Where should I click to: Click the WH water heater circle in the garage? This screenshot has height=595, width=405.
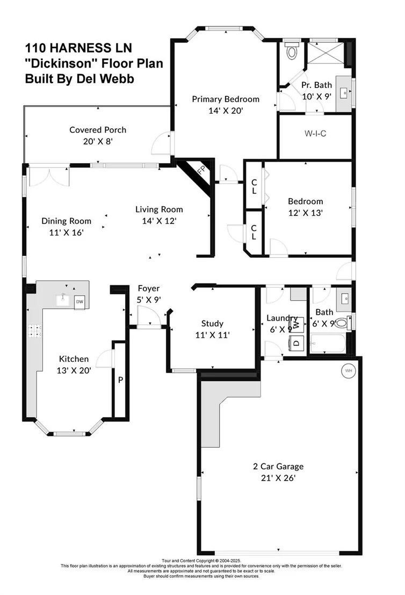click(x=349, y=371)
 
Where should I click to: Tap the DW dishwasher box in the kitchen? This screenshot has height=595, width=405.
click(x=79, y=302)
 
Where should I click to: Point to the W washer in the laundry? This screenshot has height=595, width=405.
click(x=297, y=324)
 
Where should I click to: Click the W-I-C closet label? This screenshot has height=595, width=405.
click(x=315, y=134)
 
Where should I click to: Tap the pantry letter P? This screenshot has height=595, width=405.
click(x=120, y=380)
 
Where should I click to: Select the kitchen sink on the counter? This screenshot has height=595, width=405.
click(x=63, y=300)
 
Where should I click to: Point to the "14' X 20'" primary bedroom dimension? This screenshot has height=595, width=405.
click(x=226, y=111)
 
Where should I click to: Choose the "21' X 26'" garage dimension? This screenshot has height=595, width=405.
click(x=278, y=478)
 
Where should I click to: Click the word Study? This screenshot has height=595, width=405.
click(x=212, y=323)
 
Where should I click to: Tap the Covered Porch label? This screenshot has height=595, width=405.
click(x=98, y=130)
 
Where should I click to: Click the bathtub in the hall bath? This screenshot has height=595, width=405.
click(x=328, y=344)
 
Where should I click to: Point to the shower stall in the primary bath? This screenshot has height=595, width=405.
click(x=326, y=53)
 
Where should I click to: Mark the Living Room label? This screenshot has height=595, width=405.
click(x=159, y=209)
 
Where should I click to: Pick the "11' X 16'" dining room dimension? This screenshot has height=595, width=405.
click(x=67, y=233)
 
